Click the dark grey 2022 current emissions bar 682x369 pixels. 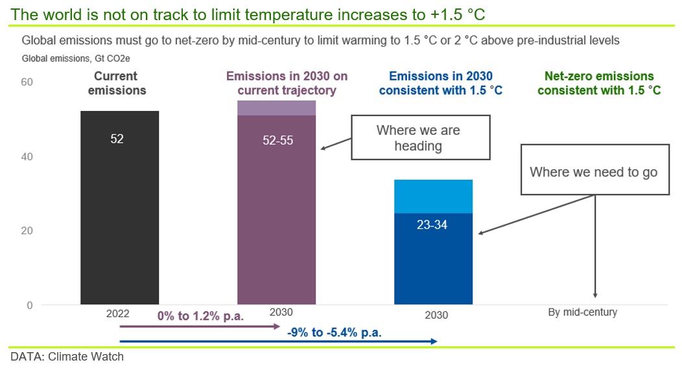(120, 208)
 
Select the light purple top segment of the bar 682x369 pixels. (277, 108)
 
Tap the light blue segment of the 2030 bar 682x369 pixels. (433, 196)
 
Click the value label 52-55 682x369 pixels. (278, 140)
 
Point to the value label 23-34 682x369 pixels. (432, 224)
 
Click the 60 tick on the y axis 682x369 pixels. (27, 82)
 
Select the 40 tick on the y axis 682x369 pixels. (27, 157)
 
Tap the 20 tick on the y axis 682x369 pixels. (27, 231)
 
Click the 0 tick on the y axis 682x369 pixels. (30, 305)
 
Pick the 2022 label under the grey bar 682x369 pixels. (118, 313)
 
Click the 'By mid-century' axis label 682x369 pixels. (582, 312)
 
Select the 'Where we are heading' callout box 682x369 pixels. (421, 137)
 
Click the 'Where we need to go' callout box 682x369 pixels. (595, 170)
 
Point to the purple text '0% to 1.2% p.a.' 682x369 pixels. (200, 316)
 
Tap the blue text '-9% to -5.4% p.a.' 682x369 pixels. (334, 333)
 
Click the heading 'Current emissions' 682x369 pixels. (117, 83)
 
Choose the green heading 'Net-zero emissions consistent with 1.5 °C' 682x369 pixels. (599, 83)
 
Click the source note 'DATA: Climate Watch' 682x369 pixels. (67, 357)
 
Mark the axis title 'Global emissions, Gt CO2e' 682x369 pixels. (76, 58)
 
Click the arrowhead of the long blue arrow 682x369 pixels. (434, 342)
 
